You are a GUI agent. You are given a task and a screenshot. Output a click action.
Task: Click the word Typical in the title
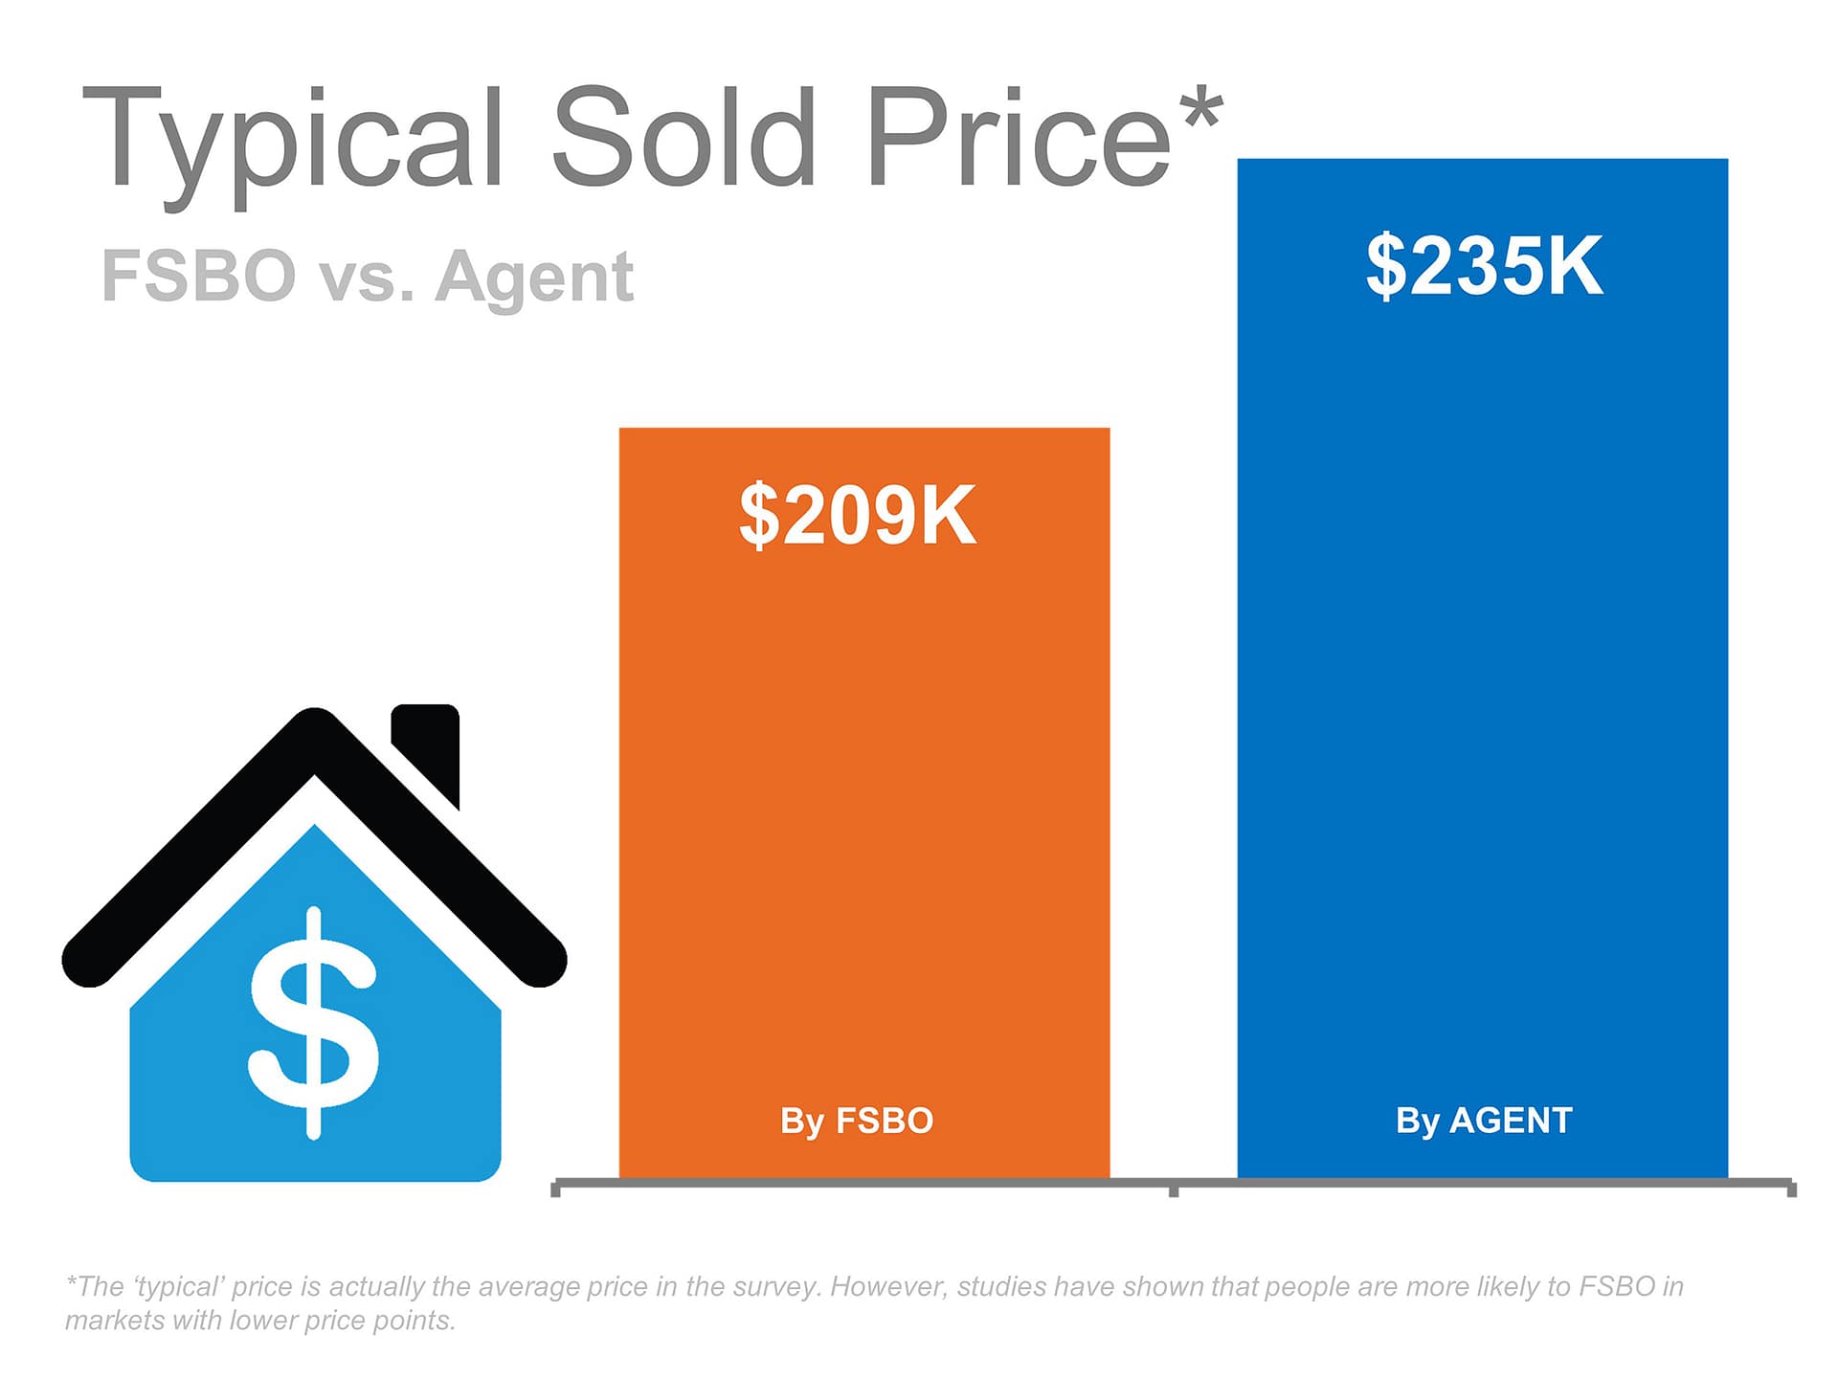(x=293, y=144)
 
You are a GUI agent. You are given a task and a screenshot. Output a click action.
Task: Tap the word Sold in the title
(x=684, y=136)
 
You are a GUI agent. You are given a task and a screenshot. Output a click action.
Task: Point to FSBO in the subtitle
(x=198, y=276)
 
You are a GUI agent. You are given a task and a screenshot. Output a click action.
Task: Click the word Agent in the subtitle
(x=534, y=278)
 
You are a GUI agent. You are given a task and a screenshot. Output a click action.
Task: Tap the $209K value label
(x=858, y=515)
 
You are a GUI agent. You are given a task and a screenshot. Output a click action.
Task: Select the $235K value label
(x=1484, y=265)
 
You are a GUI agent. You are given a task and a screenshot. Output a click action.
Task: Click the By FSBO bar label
(x=857, y=1121)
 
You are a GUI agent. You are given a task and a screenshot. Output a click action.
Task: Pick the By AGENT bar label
(x=1484, y=1121)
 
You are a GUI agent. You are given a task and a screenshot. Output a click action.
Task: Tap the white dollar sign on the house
(x=313, y=1023)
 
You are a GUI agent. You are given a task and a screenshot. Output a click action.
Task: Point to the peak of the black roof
(x=314, y=713)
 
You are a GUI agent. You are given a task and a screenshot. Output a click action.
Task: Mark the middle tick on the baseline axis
(x=1174, y=1189)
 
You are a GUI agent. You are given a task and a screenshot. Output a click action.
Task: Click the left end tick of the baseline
(x=556, y=1189)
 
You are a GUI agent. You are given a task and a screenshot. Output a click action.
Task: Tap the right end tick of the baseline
(x=1791, y=1189)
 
